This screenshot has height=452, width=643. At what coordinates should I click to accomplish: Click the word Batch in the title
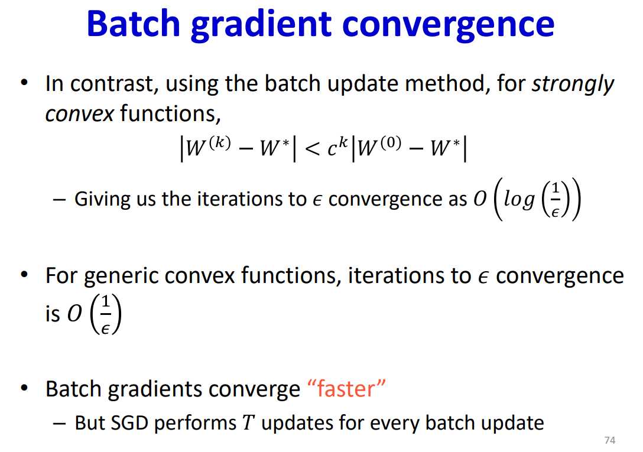[x=134, y=24]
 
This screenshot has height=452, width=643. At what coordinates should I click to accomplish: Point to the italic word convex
[x=79, y=114]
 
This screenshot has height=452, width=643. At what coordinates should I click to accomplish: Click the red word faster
[x=346, y=388]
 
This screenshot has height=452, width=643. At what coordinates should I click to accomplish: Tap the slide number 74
[x=610, y=440]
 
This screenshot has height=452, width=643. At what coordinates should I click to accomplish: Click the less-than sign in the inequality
[x=313, y=149]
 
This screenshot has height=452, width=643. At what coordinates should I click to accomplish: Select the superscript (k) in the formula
[x=220, y=142]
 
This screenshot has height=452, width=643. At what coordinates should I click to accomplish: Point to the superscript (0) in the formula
[x=390, y=142]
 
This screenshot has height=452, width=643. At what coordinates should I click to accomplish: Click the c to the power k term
[x=337, y=147]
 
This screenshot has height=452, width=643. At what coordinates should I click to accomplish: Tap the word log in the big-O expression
[x=519, y=200]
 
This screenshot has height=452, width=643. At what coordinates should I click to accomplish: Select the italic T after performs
[x=248, y=423]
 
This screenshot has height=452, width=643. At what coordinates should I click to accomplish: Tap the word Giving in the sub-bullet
[x=102, y=200]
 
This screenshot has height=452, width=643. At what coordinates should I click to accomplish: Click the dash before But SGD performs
[x=59, y=423]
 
